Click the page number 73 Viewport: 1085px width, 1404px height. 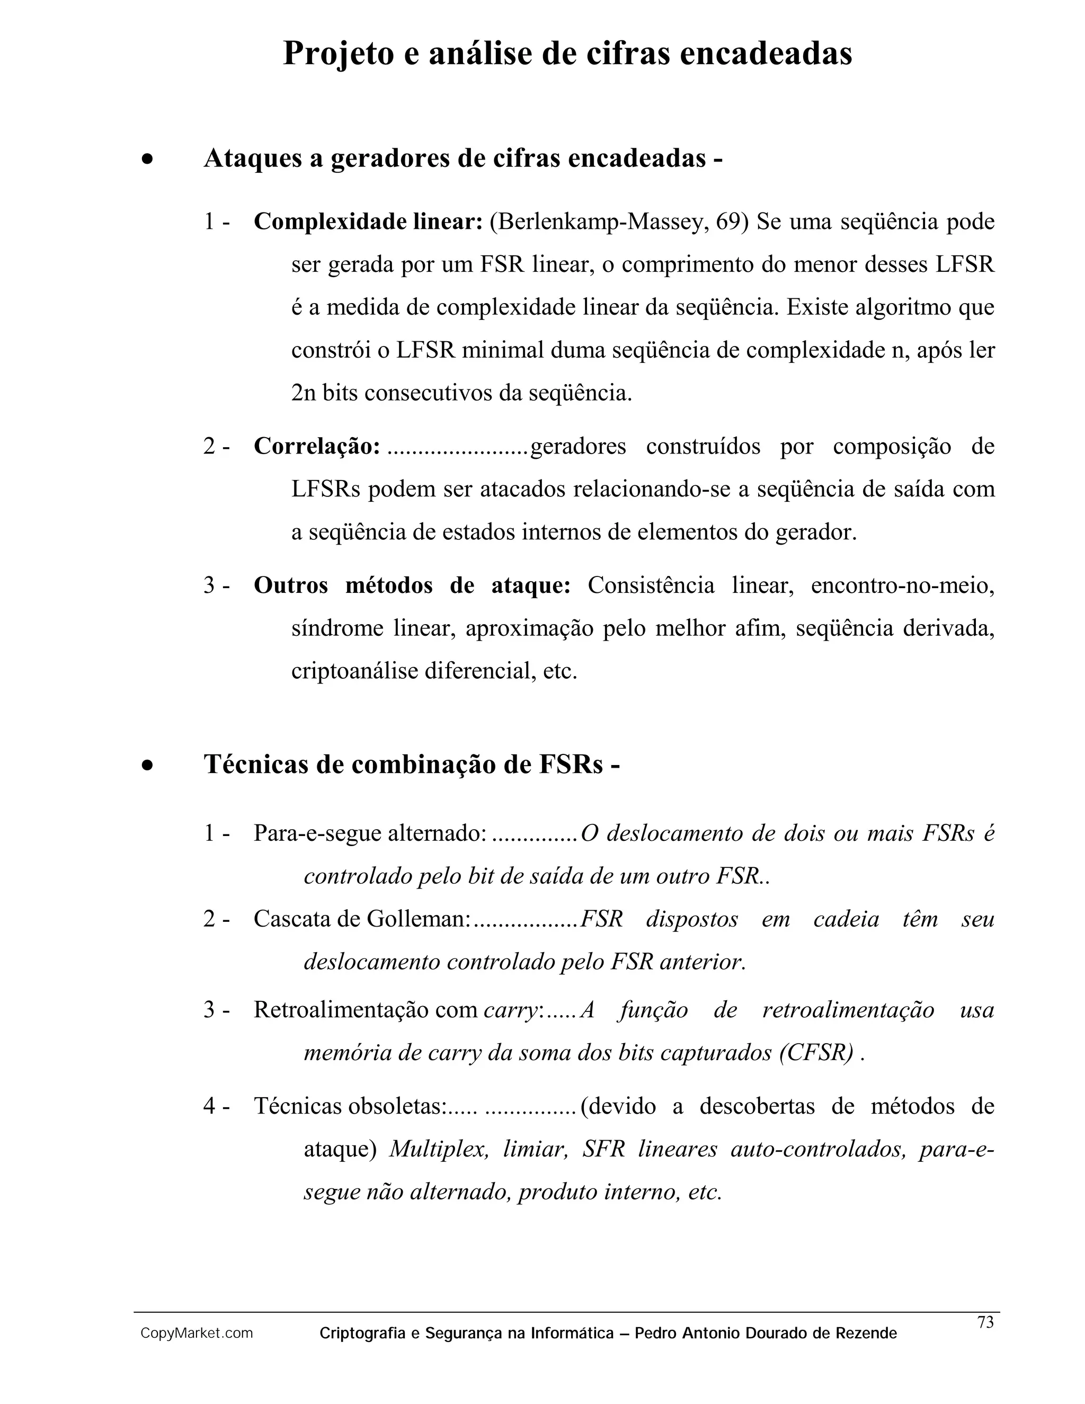985,1322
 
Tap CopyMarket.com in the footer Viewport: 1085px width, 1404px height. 197,1334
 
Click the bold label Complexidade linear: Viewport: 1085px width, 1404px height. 368,222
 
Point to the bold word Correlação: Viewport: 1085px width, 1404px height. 317,446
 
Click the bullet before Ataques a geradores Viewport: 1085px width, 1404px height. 148,159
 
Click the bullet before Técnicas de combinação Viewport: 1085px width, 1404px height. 148,765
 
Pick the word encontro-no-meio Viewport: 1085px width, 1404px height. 902,585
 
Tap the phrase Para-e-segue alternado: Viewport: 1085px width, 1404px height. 370,833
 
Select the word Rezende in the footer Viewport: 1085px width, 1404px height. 866,1334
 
